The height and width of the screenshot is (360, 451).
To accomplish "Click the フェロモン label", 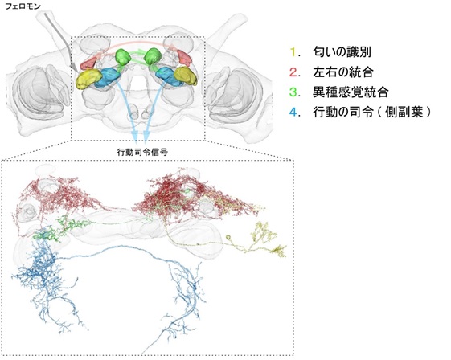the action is pos(23,6).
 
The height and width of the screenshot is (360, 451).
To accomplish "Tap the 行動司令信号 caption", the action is pos(142,152).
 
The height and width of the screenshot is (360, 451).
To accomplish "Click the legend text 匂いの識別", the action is pos(342,52).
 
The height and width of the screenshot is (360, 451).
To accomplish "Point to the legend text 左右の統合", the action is pos(342,72).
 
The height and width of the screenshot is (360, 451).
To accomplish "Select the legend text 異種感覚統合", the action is pos(351,92).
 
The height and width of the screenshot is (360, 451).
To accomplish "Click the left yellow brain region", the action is pos(88,79).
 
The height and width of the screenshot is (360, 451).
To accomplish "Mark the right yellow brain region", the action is pos(186,76).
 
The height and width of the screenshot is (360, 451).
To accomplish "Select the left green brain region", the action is pos(123,56).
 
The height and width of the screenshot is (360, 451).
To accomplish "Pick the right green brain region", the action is pos(152,56).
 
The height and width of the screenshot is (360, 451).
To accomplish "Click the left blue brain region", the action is pos(107,78).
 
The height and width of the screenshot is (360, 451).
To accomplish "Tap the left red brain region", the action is pos(88,63).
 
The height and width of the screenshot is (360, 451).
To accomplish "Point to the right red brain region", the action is pos(184,58).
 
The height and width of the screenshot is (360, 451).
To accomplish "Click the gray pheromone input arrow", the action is pos(59,41).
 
